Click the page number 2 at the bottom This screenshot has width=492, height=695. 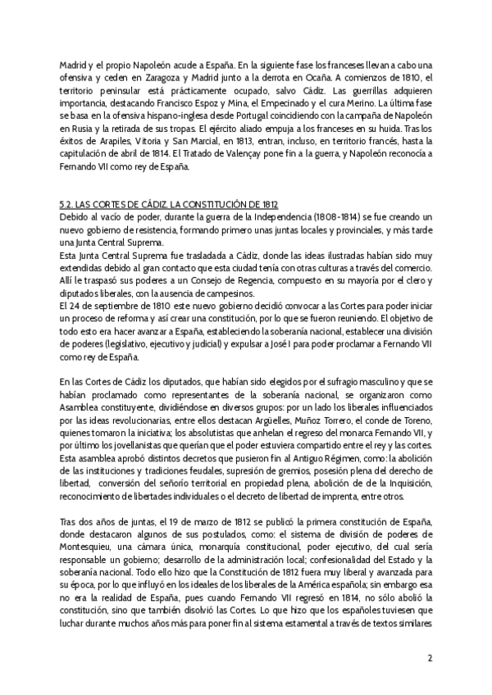[x=430, y=657]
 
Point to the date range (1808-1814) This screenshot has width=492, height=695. [x=296, y=216]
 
